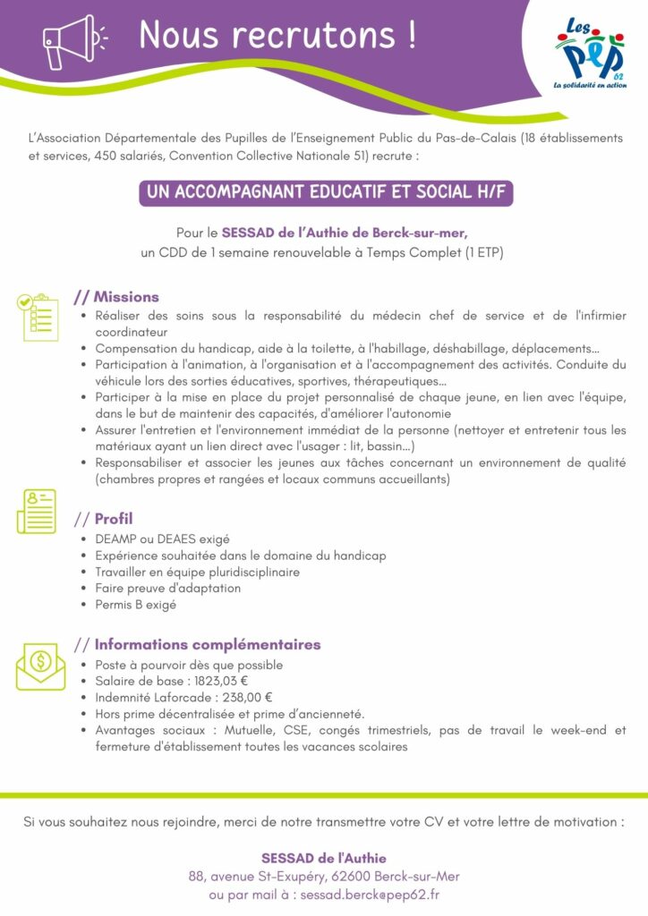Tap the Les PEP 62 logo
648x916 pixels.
point(590,55)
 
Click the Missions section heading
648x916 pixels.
point(126,297)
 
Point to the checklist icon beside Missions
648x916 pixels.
point(38,317)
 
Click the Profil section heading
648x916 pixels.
point(114,519)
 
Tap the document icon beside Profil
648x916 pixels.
point(37,511)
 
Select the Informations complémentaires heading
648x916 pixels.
point(207,644)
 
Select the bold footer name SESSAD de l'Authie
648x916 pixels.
point(324,858)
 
